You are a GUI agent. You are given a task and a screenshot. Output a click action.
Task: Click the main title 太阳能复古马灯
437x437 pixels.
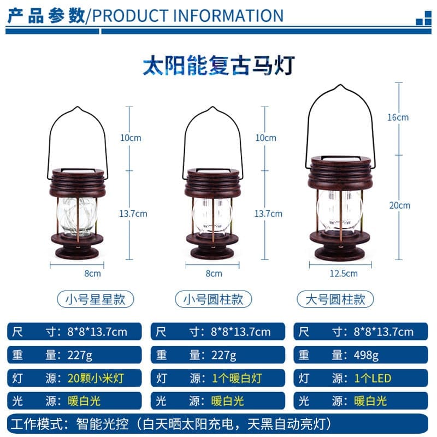(219, 66)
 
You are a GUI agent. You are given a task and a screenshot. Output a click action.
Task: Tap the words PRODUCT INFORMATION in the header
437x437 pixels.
(188, 16)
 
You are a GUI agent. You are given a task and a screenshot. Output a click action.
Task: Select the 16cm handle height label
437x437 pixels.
(398, 117)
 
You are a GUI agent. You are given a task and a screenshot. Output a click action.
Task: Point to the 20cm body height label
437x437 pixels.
(400, 205)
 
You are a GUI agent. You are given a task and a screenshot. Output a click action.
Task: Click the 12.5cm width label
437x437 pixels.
(344, 273)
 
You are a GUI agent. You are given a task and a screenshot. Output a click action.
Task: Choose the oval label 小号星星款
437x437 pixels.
(95, 299)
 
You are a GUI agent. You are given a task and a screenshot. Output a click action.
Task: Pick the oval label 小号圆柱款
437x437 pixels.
(213, 299)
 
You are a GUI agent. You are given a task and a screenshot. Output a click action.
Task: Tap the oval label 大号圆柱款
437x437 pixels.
(335, 299)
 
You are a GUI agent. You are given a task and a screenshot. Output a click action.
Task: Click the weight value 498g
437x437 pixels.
(366, 355)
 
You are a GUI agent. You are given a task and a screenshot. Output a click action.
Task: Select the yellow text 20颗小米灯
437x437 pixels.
(95, 378)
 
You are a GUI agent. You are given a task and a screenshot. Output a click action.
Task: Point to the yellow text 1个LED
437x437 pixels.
(373, 378)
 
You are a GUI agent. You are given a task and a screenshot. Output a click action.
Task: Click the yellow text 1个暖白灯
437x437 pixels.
(237, 378)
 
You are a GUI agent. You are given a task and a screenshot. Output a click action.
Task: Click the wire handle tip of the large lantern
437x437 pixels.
(340, 85)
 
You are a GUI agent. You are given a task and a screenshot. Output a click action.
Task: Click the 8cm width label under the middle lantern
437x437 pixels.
(214, 274)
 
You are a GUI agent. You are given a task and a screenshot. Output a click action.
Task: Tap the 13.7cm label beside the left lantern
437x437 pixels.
(133, 214)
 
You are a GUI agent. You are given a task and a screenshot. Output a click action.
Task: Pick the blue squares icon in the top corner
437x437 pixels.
(423, 19)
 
